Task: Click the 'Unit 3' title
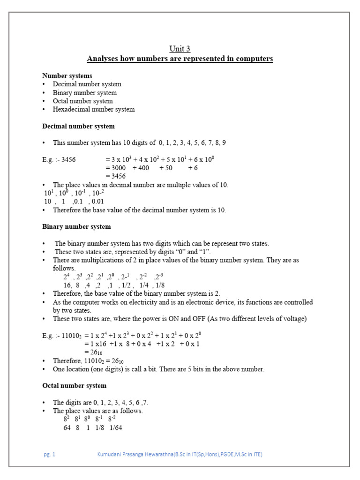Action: (x=180, y=49)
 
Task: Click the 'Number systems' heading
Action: (x=67, y=75)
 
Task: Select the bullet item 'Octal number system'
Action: (x=82, y=101)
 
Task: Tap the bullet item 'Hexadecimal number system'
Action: (x=93, y=109)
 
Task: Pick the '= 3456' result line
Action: (x=115, y=176)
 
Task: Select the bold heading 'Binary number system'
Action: (x=76, y=226)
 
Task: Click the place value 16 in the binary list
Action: (x=67, y=285)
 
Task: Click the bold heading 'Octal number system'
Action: (x=74, y=386)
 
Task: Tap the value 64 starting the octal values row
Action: (x=67, y=428)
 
